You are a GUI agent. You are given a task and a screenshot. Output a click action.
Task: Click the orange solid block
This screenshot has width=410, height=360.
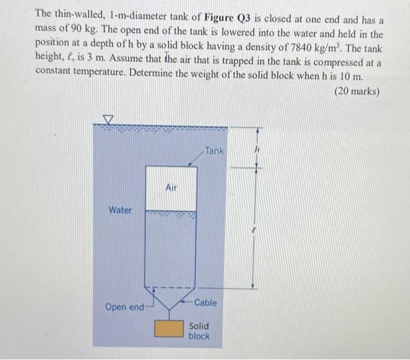(x=169, y=328)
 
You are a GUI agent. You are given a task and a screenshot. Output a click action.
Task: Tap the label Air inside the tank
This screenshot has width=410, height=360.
(x=171, y=188)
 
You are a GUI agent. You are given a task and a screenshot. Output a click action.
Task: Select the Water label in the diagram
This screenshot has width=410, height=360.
(x=120, y=210)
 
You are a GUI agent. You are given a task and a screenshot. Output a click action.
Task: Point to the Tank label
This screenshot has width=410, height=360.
(x=214, y=151)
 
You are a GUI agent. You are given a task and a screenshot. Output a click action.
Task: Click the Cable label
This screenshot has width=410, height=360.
(x=206, y=303)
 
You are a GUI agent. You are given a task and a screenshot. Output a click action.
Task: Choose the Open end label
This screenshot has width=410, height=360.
(x=124, y=307)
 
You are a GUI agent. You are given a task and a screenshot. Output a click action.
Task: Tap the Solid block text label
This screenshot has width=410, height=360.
(x=199, y=331)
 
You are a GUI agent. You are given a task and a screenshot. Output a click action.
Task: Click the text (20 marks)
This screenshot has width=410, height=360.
(x=357, y=91)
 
